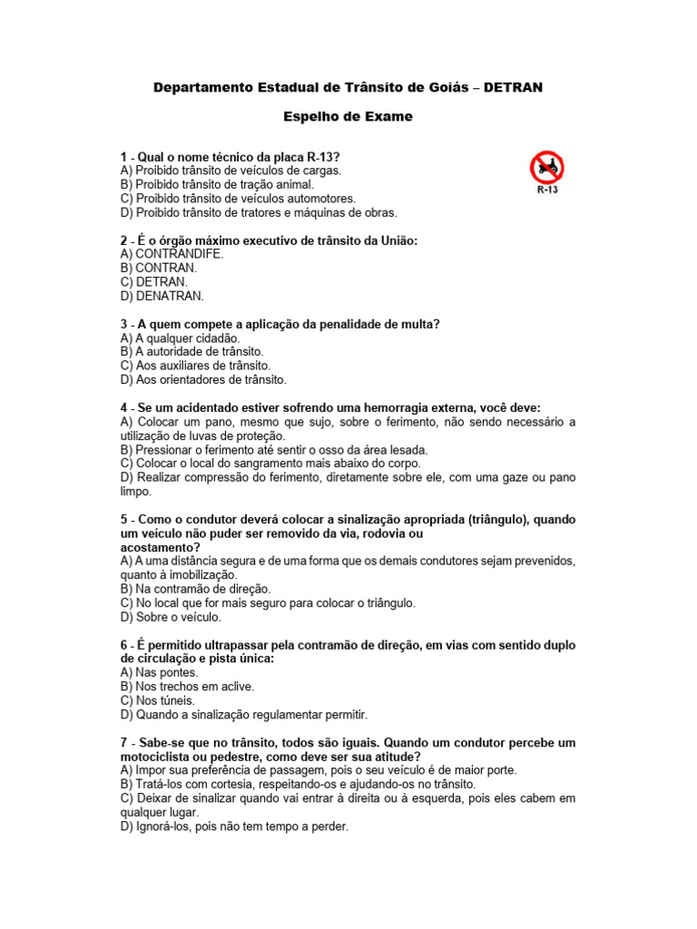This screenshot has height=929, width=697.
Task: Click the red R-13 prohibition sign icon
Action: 546,167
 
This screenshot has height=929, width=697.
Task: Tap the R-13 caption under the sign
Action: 547,191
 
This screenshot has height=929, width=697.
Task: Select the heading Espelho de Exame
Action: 348,116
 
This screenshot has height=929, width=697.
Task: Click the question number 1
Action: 123,156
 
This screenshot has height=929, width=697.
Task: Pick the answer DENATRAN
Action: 170,296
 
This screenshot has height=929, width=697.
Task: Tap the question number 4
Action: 123,407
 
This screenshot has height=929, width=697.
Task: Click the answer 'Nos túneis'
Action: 165,700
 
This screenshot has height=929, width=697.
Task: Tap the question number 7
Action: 123,742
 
